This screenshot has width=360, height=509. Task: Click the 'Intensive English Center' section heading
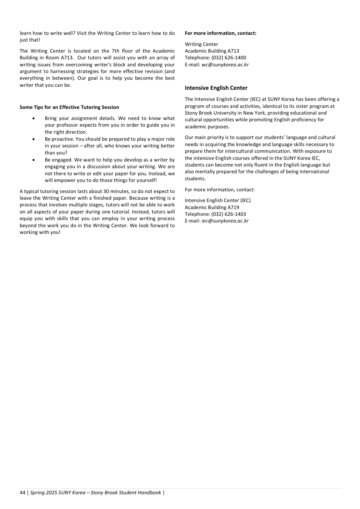point(216,88)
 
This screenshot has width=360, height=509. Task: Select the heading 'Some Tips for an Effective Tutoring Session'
point(69,107)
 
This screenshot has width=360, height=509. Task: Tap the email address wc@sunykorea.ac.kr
point(225,65)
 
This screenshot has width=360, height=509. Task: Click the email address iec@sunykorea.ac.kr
point(225,221)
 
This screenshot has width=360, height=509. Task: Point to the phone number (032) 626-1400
point(229,58)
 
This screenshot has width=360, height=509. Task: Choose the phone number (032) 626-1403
point(229,214)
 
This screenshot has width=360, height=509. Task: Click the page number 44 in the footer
point(22,493)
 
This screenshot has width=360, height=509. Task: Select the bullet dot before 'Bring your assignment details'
point(33,118)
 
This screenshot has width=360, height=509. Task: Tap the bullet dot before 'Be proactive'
point(33,139)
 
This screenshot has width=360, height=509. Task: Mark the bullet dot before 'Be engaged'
point(33,160)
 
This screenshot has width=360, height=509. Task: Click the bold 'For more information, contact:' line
point(220,33)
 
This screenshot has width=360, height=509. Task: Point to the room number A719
point(233,207)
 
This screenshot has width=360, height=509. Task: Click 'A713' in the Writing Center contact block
point(233,51)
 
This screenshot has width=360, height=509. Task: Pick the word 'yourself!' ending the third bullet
point(146,180)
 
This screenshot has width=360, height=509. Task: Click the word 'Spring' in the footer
point(38,493)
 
